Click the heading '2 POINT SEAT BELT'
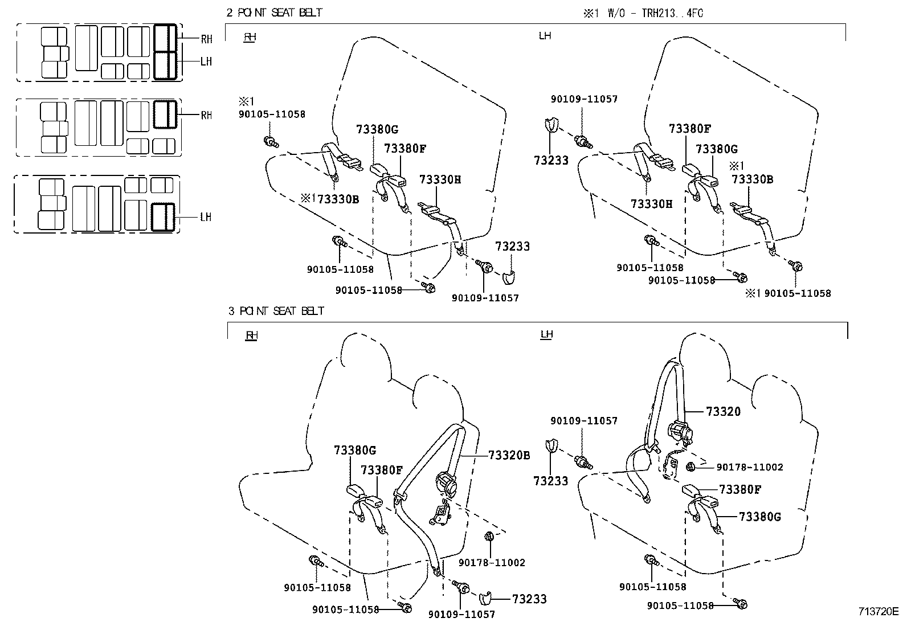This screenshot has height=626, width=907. (x=274, y=13)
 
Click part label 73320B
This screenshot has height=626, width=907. (x=509, y=455)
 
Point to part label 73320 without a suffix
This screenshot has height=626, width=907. (x=723, y=412)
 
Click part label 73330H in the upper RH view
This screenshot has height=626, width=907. (x=440, y=179)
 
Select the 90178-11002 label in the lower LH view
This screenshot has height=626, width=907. (x=749, y=468)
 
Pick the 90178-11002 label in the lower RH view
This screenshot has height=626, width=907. (x=492, y=562)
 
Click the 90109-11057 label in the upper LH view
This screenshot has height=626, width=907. (x=584, y=99)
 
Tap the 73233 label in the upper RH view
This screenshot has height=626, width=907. (x=512, y=246)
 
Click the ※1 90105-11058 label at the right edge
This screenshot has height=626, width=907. (x=788, y=293)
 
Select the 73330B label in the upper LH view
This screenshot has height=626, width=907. (x=752, y=179)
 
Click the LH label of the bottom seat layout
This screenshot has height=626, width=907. (x=206, y=217)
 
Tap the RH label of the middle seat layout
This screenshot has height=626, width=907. (x=206, y=115)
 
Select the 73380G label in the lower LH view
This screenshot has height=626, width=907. (x=759, y=517)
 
